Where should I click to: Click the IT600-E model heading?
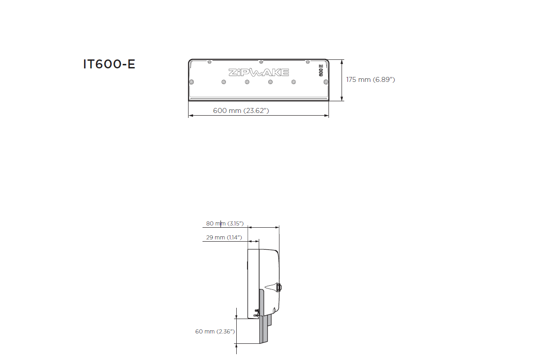tap(109, 64)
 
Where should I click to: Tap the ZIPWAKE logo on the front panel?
tap(258, 72)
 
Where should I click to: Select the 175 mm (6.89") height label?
tap(370, 80)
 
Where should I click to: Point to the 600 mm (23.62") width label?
tap(241, 111)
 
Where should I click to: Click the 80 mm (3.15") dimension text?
tap(225, 223)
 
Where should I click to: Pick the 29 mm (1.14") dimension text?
tap(224, 237)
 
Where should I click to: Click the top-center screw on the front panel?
tap(261, 62)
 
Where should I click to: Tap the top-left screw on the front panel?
tap(209, 62)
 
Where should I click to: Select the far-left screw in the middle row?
tap(192, 81)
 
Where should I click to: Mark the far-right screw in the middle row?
tap(326, 81)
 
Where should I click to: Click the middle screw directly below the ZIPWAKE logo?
tap(247, 82)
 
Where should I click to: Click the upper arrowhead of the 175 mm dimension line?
tap(342, 62)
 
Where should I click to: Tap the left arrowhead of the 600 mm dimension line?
tap(190, 116)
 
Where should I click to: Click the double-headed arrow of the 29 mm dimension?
tap(254, 241)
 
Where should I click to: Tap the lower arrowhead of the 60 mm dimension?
tap(237, 342)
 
